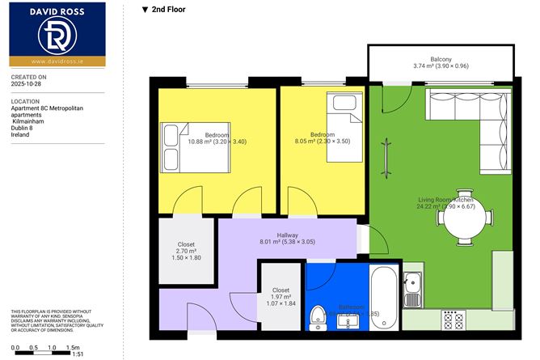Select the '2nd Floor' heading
coord(164,11)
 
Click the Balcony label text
coord(441,59)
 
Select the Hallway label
coord(288,235)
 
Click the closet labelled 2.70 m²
coord(186,252)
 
